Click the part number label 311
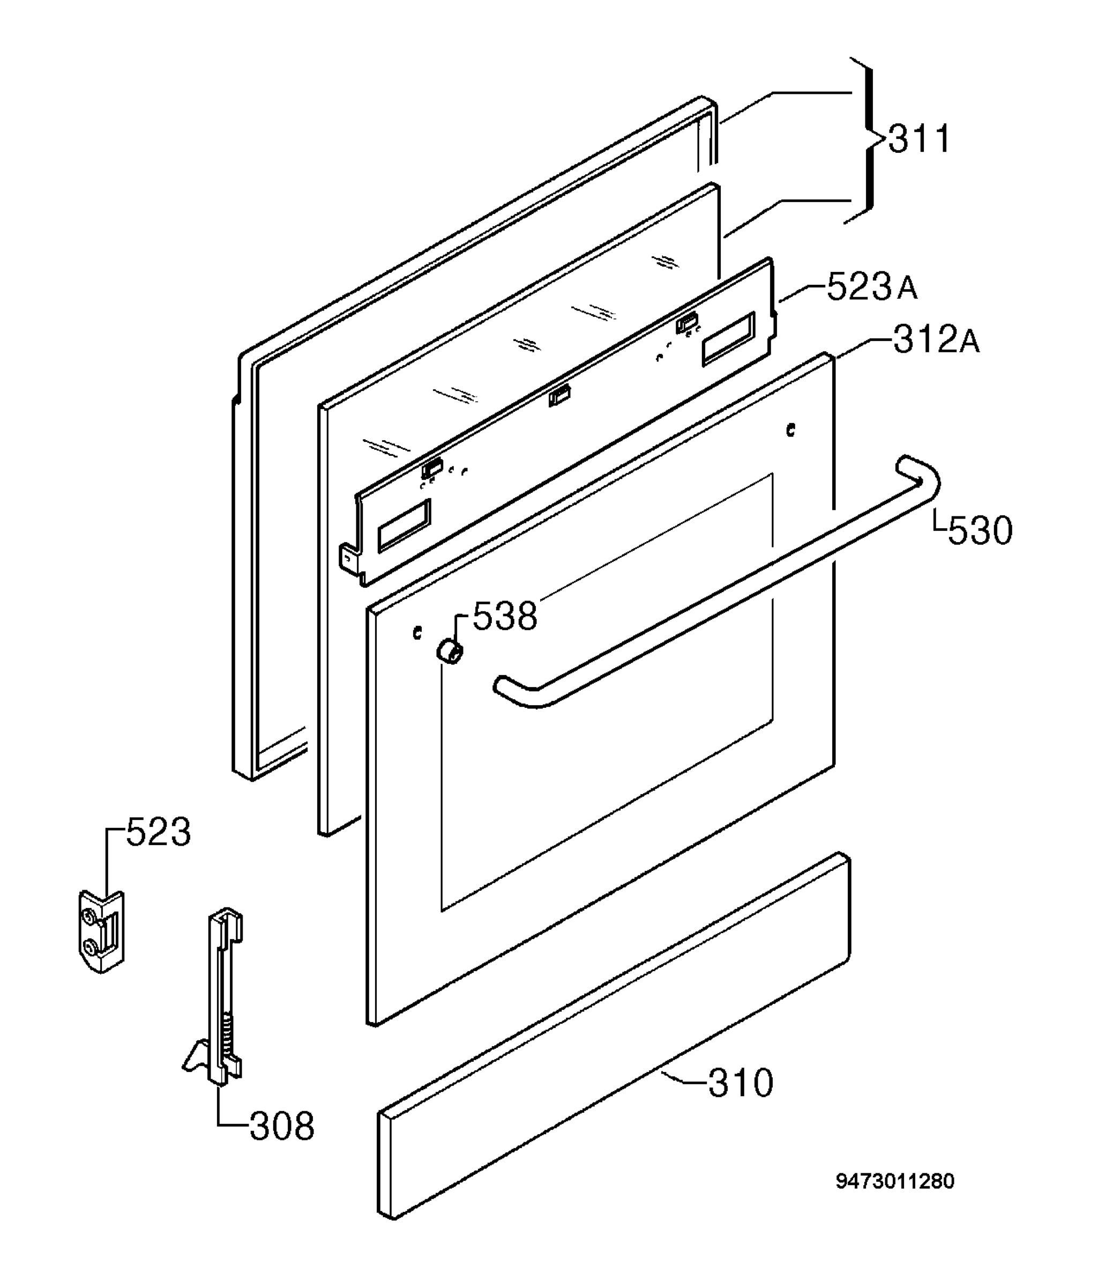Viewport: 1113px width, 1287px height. click(919, 139)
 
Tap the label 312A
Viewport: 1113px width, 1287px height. click(936, 339)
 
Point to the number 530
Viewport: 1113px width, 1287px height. click(980, 531)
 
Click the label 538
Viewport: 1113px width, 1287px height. click(505, 617)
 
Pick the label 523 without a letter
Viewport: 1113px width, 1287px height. click(159, 832)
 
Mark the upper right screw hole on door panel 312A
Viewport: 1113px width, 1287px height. click(790, 430)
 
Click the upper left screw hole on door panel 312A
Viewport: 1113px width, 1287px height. click(417, 633)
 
